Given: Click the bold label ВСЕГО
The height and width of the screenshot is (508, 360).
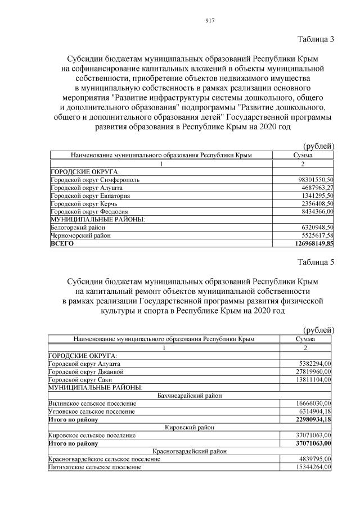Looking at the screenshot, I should click(62, 244).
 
